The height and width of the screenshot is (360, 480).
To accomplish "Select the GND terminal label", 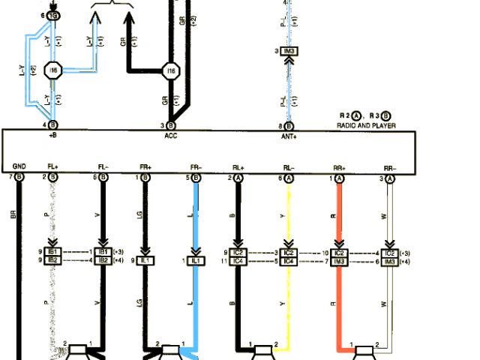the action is (x=19, y=166).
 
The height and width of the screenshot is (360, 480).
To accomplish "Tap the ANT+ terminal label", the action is (x=289, y=137).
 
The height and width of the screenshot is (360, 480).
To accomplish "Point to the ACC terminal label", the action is (x=171, y=137).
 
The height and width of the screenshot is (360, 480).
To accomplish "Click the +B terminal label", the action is (x=53, y=137).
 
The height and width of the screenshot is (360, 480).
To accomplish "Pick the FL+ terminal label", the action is (x=52, y=166).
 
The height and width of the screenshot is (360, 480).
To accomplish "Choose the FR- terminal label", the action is (x=196, y=166).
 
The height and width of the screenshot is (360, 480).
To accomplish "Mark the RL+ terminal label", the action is (x=238, y=166).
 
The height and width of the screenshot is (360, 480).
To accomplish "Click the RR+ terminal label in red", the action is (x=339, y=166).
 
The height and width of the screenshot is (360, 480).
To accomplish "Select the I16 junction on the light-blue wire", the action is (x=52, y=71).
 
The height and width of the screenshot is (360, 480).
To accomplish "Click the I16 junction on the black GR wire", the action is (x=171, y=71).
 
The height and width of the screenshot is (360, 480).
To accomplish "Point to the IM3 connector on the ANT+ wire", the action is (x=289, y=51).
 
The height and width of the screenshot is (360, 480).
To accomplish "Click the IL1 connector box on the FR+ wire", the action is (x=145, y=260).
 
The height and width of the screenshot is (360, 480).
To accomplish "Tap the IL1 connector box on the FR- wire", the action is (x=196, y=260).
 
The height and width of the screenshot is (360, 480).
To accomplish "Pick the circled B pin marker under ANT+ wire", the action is (x=289, y=125).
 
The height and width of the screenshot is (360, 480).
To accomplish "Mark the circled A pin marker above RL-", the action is (x=288, y=178).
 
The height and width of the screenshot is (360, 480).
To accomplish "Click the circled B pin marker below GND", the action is (x=19, y=178).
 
